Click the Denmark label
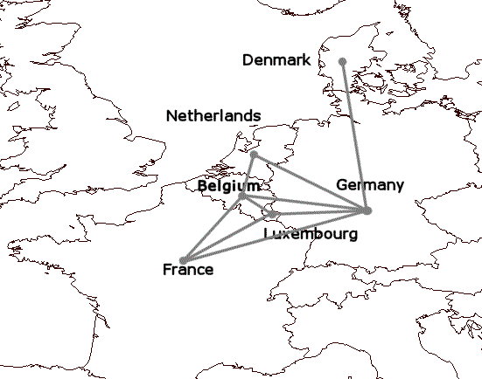276,59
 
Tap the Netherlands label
213,115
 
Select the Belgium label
227,186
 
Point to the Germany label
369,184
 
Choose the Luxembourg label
311,235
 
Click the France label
188,270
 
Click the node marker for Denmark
342,61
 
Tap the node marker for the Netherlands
254,155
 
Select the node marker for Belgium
242,196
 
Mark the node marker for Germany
367,210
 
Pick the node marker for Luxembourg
272,214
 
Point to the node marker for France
183,260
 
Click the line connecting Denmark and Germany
354,135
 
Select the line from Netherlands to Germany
311,183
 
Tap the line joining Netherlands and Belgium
248,176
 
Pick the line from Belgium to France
213,228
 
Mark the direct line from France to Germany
275,236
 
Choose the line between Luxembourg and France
227,237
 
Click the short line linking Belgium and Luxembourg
257,205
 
